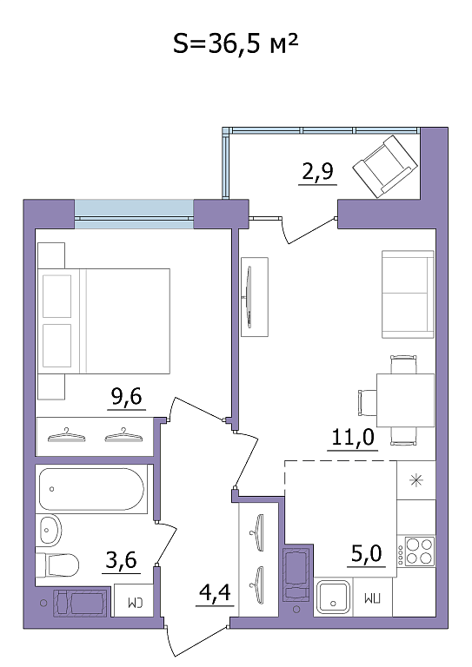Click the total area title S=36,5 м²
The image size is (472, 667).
[235, 43]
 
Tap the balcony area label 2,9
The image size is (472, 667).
[317, 171]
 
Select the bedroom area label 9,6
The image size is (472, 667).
[126, 397]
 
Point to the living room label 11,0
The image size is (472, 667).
[353, 437]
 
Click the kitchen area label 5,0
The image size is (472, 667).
[367, 554]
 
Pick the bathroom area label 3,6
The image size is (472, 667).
[122, 560]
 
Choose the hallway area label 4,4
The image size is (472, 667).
[215, 592]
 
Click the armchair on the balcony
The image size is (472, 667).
[385, 167]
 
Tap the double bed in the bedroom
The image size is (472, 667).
[103, 321]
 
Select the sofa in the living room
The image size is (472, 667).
[409, 294]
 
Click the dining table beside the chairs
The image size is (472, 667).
[405, 400]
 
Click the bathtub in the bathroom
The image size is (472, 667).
[91, 489]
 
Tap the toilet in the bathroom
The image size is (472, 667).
[57, 565]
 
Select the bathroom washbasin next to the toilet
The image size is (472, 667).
[50, 530]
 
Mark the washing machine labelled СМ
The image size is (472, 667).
[134, 601]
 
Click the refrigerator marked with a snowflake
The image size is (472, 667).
[416, 480]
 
